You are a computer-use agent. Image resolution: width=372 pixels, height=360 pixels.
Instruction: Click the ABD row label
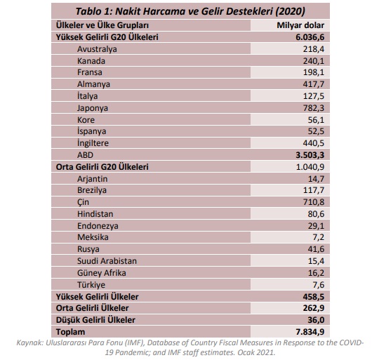point(86,155)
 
